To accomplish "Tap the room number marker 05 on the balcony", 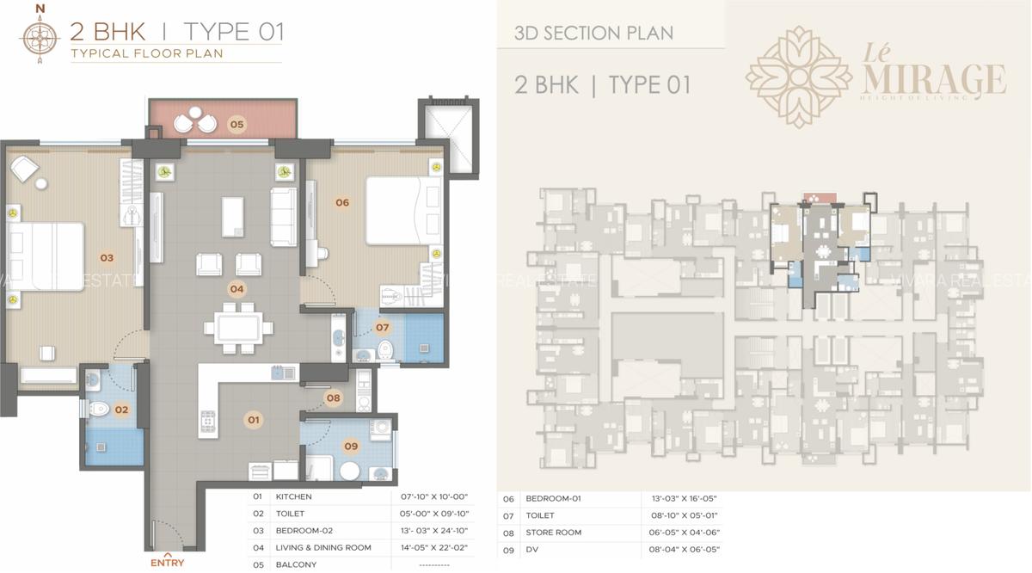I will pyautogui.click(x=236, y=125).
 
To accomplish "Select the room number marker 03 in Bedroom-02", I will pyautogui.click(x=107, y=257).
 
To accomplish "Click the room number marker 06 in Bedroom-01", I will pyautogui.click(x=342, y=203).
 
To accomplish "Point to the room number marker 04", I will pyautogui.click(x=236, y=289).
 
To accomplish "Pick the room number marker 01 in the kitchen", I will pyautogui.click(x=254, y=420).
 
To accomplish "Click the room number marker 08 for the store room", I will pyautogui.click(x=334, y=398).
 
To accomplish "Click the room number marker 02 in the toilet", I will pyautogui.click(x=121, y=410).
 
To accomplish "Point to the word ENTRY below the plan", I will pyautogui.click(x=167, y=564).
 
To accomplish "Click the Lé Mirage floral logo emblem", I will pyautogui.click(x=797, y=77).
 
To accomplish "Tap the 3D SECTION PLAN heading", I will pyautogui.click(x=593, y=34).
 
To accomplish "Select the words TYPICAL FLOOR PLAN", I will pyautogui.click(x=146, y=53).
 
